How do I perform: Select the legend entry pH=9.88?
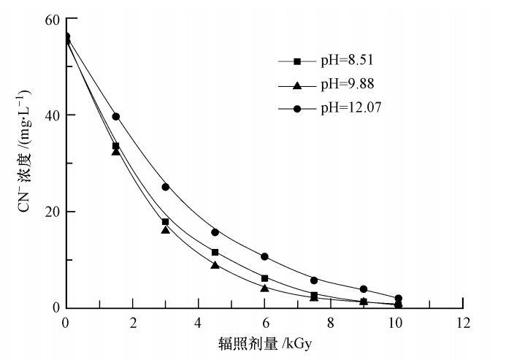[x=347, y=85]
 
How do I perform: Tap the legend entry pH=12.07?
[x=350, y=108]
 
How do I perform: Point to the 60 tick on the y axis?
[x=52, y=18]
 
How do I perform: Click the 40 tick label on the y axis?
[x=52, y=115]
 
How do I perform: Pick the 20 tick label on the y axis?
[x=52, y=211]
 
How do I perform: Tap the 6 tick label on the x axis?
[x=264, y=322]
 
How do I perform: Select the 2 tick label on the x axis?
[x=132, y=322]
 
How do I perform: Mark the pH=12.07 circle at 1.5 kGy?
[x=115, y=117]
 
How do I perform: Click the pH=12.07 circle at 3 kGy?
[x=165, y=187]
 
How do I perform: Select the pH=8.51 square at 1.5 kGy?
[x=115, y=146]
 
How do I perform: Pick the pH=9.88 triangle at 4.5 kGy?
[x=215, y=265]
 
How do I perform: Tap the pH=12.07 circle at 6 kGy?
[x=264, y=256]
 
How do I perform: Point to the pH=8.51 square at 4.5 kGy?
[x=215, y=253]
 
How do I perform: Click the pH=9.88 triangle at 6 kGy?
[x=264, y=288]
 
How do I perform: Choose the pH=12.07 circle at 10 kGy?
[x=398, y=299]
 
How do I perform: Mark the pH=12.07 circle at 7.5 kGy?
[x=314, y=280]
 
